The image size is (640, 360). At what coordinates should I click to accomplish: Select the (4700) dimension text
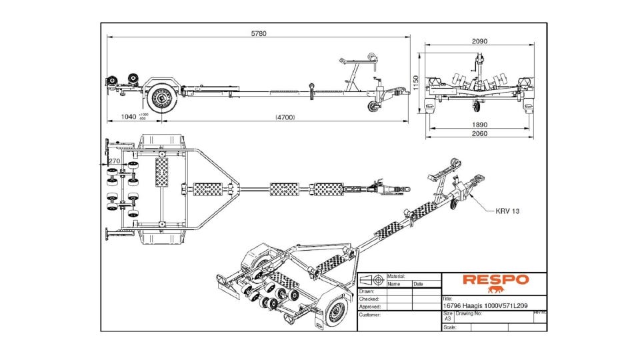[x=285, y=117]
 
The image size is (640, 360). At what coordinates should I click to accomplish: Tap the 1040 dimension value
[x=128, y=117]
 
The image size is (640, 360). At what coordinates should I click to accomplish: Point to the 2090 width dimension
[x=479, y=41]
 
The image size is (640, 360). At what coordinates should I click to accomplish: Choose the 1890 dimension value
[x=479, y=124]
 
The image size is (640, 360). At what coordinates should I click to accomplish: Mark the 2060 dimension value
[x=479, y=133]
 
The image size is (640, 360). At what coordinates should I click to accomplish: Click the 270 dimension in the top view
[x=114, y=161]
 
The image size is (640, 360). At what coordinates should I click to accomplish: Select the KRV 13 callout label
[x=507, y=211]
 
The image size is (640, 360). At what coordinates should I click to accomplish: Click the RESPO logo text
[x=495, y=280]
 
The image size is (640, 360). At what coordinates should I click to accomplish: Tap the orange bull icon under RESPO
[x=495, y=290]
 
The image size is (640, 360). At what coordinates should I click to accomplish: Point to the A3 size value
[x=447, y=319]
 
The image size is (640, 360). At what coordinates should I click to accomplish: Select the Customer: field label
[x=370, y=314]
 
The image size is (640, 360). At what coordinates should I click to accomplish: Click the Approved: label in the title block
[x=371, y=307]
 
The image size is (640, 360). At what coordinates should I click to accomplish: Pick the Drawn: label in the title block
[x=366, y=291]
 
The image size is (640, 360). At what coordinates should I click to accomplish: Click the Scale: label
[x=451, y=327]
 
